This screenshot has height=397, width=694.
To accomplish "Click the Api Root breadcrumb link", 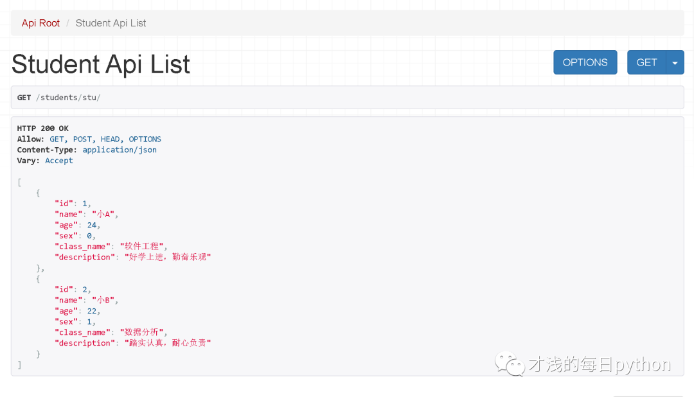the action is [40, 23].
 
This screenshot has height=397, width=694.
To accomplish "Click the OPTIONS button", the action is [585, 62].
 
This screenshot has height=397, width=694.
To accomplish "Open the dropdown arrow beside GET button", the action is [675, 62].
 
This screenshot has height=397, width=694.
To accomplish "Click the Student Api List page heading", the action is [101, 64].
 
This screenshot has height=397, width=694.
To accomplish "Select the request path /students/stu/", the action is [67, 98].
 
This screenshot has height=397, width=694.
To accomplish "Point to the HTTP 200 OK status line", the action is [42, 128].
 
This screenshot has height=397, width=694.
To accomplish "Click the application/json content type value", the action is [120, 150].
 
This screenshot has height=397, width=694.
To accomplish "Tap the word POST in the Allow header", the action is [82, 139].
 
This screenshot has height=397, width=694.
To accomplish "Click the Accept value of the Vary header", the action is [59, 161].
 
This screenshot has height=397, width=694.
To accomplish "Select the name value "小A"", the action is [105, 214].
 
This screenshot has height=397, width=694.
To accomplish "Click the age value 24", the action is [93, 225].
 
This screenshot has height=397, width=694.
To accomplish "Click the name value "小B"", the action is [105, 300].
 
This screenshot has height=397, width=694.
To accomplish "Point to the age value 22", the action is [93, 311].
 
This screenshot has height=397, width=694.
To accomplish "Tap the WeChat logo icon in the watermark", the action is [509, 365].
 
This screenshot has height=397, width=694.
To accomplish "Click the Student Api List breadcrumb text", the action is [111, 23].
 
